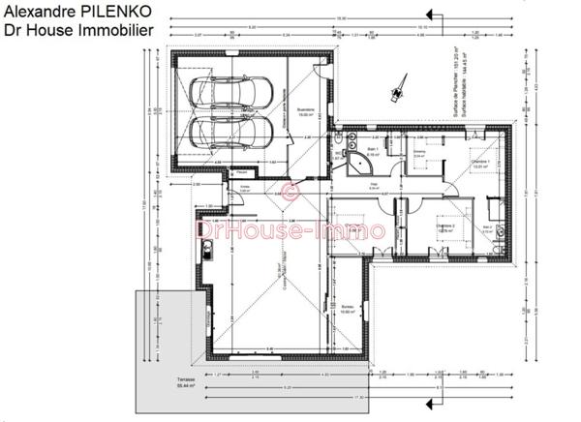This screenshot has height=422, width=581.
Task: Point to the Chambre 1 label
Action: (x=478, y=165)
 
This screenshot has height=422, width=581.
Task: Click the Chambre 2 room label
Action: (x=419, y=230)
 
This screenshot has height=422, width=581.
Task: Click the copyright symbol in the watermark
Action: (x=289, y=192)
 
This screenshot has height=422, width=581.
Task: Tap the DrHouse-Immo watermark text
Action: (x=291, y=230)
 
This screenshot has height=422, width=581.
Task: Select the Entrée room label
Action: (x=245, y=191)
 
